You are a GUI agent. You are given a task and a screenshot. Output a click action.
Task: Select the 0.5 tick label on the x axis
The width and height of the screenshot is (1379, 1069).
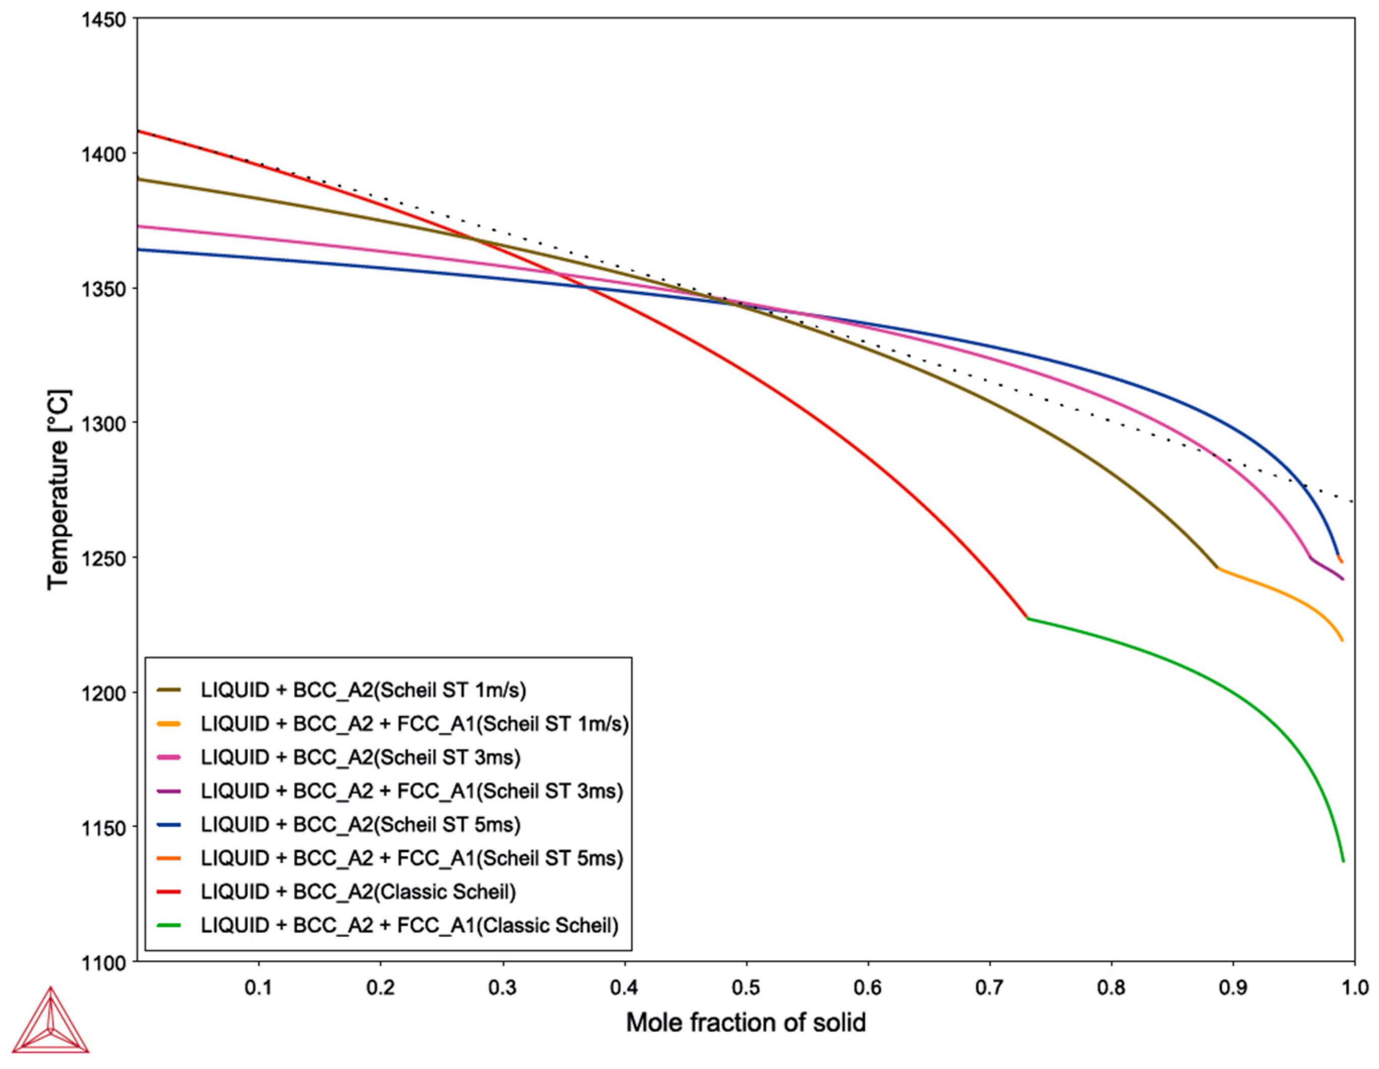click(746, 987)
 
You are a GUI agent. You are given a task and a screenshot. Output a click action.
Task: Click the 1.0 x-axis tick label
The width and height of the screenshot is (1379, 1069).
click(1354, 987)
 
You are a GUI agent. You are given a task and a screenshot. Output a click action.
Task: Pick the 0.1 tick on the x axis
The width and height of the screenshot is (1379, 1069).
click(259, 987)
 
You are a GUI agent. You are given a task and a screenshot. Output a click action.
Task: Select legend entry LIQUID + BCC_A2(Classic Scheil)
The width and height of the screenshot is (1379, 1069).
click(358, 892)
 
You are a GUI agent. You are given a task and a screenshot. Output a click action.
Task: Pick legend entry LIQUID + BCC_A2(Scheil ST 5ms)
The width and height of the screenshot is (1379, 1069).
click(361, 824)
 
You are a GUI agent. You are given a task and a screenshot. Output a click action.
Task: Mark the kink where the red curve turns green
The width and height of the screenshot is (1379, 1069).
click(1027, 618)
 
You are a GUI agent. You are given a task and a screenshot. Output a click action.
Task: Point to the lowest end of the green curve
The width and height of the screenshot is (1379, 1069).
click(1343, 861)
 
